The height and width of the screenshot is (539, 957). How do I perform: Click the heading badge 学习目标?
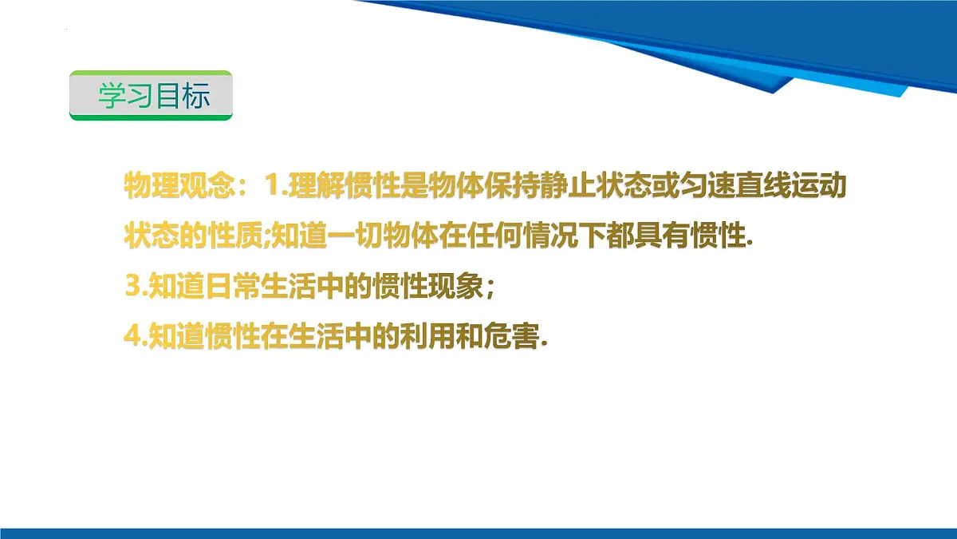pyautogui.click(x=151, y=96)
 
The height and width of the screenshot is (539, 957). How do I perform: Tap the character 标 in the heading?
pyautogui.click(x=195, y=96)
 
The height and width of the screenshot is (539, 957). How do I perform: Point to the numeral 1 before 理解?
pyautogui.click(x=274, y=187)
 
